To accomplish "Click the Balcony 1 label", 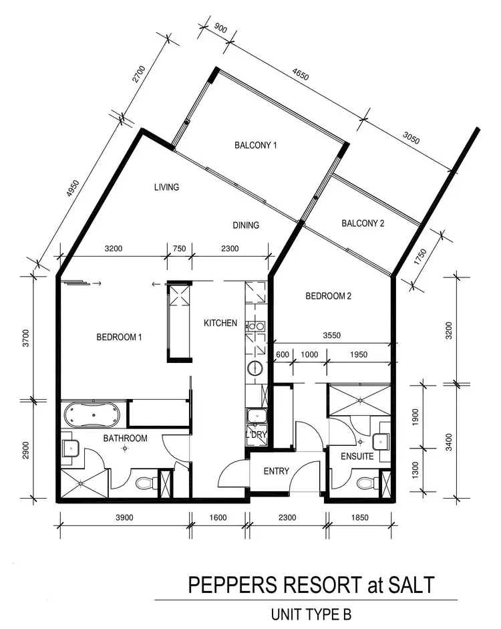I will click(255, 145).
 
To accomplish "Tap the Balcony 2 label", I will click(363, 224).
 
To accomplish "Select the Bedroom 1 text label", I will click(120, 338).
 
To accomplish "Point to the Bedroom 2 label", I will click(328, 296).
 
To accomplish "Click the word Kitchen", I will click(220, 324).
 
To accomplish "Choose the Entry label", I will click(276, 471).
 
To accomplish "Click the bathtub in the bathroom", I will click(94, 414).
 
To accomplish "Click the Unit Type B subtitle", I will click(311, 613).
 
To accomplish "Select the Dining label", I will click(245, 225).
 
